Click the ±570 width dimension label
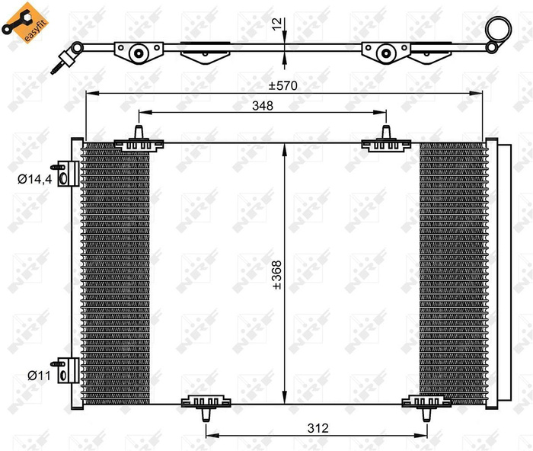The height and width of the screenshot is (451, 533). [282, 85]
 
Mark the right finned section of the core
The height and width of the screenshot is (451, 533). [451, 274]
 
